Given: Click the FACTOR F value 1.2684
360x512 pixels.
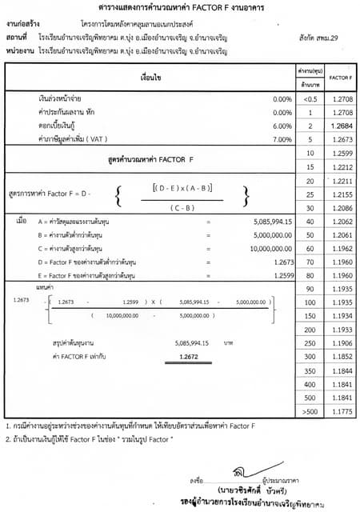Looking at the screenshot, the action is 338,126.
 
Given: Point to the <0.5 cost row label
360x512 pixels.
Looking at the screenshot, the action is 309,98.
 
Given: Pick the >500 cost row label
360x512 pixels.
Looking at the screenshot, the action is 309,410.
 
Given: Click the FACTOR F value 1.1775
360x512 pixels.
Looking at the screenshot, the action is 338,410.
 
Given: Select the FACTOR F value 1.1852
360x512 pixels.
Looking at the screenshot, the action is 338,333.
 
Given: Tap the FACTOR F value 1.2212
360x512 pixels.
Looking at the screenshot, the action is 338,167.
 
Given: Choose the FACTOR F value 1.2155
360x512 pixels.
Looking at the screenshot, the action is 338,194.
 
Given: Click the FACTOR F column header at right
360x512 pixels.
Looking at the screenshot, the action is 338,78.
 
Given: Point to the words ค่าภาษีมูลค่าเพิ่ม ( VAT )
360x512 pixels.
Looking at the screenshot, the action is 71,139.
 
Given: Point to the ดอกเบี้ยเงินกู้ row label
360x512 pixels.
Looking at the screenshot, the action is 56,126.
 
